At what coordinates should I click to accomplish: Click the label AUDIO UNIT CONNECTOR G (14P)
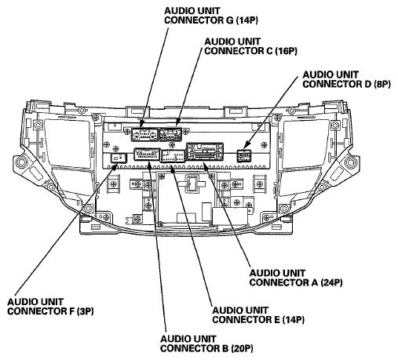tap(211, 16)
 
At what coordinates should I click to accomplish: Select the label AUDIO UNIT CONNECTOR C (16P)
tap(250, 46)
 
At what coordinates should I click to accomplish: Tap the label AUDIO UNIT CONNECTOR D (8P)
tap(346, 79)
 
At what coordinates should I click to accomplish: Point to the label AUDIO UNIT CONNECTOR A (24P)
tap(296, 278)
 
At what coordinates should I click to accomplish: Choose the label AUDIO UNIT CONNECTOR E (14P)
tap(258, 315)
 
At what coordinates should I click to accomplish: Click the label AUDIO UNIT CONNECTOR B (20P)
tap(206, 344)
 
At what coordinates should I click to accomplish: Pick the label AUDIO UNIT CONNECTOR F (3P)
tap(50, 307)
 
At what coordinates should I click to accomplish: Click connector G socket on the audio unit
tap(144, 134)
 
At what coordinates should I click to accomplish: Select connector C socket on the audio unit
tap(171, 134)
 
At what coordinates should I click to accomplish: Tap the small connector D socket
tap(244, 156)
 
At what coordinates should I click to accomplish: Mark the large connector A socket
tap(205, 152)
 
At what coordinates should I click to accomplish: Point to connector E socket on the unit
tap(173, 156)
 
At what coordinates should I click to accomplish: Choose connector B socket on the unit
tap(147, 155)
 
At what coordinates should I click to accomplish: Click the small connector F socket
tap(119, 158)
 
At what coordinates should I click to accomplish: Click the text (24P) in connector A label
tap(331, 282)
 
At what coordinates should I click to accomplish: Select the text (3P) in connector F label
tap(85, 311)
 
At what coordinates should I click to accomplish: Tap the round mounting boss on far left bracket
tap(21, 162)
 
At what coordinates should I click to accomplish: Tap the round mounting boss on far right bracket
tap(351, 162)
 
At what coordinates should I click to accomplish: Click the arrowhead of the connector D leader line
tap(246, 146)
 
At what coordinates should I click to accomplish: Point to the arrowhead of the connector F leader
tap(115, 166)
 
